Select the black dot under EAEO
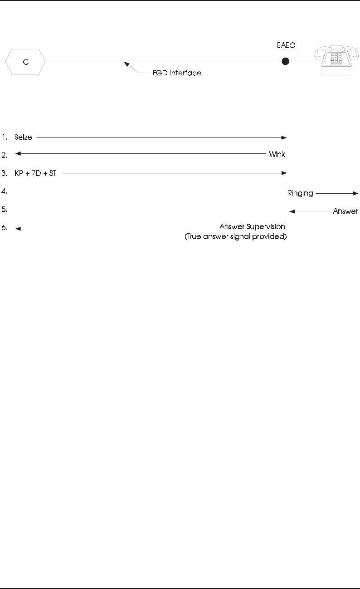pyautogui.click(x=285, y=61)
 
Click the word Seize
pyautogui.click(x=23, y=137)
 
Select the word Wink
pyautogui.click(x=276, y=155)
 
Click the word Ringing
pyautogui.click(x=300, y=193)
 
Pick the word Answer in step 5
pyautogui.click(x=345, y=211)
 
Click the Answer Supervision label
pyautogui.click(x=252, y=226)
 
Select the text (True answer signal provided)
pyautogui.click(x=236, y=236)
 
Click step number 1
pyautogui.click(x=5, y=137)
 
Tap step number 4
pyautogui.click(x=5, y=192)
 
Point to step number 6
pyautogui.click(x=5, y=228)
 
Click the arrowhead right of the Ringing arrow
pyautogui.click(x=356, y=193)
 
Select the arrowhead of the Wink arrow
pyautogui.click(x=18, y=154)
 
